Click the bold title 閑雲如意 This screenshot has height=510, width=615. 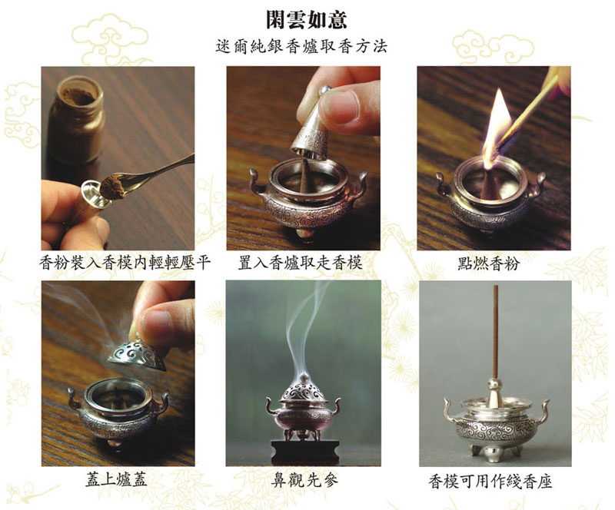306,20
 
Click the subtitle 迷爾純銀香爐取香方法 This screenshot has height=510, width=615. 301,46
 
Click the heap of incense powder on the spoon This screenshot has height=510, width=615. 112,187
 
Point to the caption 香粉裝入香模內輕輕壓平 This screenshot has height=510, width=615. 125,263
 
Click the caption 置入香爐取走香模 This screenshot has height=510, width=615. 300,263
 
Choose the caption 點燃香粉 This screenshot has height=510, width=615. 488,263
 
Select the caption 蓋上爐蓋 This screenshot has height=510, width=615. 117,479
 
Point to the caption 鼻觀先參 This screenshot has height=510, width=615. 304,480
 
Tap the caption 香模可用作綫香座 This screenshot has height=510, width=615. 490,481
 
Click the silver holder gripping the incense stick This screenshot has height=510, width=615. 494,392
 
